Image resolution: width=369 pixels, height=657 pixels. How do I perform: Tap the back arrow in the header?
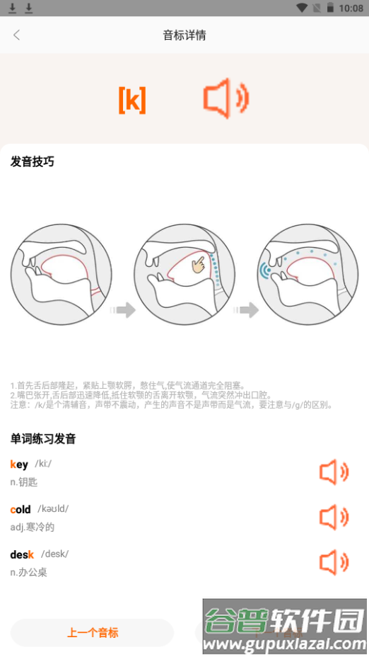click(17, 35)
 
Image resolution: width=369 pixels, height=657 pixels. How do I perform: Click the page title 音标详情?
click(184, 35)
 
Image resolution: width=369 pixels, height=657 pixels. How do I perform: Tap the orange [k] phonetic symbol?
click(132, 101)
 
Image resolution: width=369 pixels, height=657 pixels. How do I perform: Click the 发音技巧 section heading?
click(32, 161)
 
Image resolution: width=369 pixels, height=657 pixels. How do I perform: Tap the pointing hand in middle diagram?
click(203, 265)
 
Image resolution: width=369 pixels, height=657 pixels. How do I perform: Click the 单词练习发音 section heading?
click(42, 438)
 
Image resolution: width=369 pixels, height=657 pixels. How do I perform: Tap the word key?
click(19, 464)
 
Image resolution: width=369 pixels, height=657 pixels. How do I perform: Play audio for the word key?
click(334, 472)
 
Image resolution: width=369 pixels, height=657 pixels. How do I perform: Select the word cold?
click(20, 510)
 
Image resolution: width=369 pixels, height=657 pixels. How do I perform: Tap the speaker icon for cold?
click(334, 518)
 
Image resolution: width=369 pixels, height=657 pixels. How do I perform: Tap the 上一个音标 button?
click(92, 633)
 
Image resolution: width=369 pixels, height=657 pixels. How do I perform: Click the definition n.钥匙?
click(23, 482)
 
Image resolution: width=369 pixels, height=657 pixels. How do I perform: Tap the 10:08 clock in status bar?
click(351, 8)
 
